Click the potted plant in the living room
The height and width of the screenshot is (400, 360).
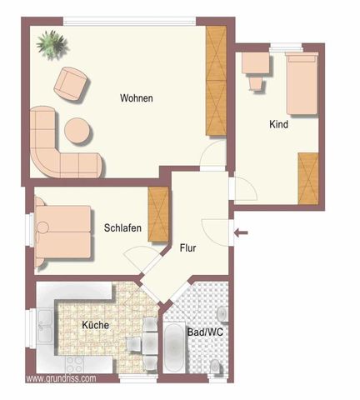(52, 46)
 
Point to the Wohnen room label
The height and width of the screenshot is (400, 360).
(137, 98)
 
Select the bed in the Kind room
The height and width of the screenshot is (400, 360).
(299, 83)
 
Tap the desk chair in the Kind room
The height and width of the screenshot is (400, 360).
(255, 82)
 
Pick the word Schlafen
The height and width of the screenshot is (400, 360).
(122, 228)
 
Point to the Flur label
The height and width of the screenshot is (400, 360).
(188, 247)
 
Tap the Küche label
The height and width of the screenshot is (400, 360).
(95, 325)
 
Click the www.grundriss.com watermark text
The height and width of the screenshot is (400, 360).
(61, 378)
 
